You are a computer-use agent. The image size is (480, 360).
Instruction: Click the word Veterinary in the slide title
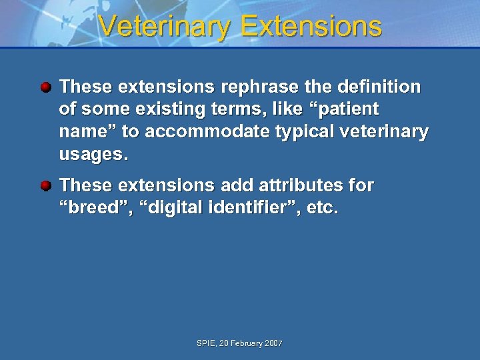click(x=165, y=26)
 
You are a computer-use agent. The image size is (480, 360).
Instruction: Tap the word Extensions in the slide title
click(x=311, y=26)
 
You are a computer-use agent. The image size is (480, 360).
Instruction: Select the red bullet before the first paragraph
click(x=45, y=87)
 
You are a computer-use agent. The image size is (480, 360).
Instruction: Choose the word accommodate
click(x=205, y=132)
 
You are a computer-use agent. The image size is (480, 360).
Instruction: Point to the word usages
click(x=93, y=155)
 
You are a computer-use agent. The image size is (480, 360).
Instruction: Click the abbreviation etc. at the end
click(x=323, y=209)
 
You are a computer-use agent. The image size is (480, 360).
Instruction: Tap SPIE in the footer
click(x=206, y=343)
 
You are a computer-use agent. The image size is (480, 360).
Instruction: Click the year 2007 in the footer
click(x=273, y=343)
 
